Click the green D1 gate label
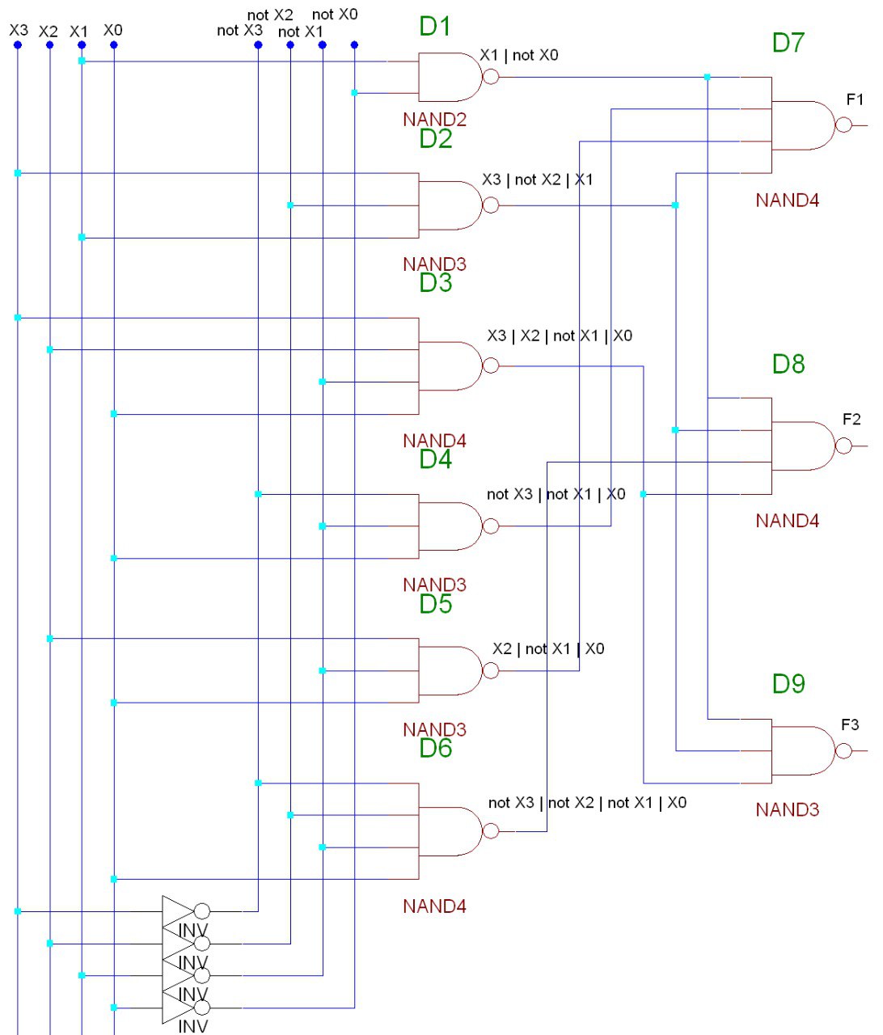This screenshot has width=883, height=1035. (435, 27)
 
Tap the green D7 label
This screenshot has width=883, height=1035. (788, 42)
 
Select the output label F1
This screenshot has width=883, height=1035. (855, 100)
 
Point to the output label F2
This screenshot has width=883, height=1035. (851, 420)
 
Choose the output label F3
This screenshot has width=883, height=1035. (850, 724)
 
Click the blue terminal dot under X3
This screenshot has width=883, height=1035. (18, 45)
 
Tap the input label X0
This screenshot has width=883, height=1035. (113, 30)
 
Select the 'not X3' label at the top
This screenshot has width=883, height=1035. (239, 31)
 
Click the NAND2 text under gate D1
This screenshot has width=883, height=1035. (434, 120)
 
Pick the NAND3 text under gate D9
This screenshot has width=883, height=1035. (787, 809)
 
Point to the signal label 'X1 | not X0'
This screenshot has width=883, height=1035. (519, 55)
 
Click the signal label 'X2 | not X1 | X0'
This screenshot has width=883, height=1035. (548, 648)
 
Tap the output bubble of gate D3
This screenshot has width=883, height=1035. (491, 366)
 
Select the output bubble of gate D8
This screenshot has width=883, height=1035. (843, 446)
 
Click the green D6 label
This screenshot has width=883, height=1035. (435, 748)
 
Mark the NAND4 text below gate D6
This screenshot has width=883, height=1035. (434, 906)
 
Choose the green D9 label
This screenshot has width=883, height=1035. (788, 684)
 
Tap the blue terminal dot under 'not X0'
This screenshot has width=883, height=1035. (354, 45)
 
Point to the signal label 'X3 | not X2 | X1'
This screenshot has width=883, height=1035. (538, 180)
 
